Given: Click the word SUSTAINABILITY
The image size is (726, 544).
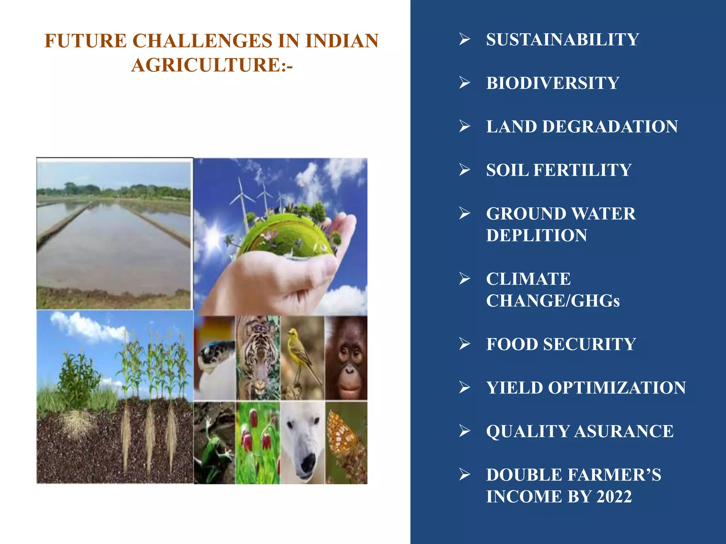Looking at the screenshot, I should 562,39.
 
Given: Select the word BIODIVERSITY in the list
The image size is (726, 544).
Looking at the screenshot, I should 552,83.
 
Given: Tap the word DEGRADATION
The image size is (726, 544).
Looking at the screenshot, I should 610,127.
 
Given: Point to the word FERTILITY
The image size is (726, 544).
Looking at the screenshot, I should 582,170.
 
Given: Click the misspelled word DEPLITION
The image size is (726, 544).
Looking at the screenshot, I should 536,236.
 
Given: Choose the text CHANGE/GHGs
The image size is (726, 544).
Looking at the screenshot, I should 553,301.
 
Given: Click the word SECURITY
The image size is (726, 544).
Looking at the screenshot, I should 590,344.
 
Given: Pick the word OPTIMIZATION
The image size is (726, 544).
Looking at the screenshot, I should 617,388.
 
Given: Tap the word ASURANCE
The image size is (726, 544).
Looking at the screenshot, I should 624,431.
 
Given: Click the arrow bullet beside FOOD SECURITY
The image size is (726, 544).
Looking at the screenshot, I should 464,344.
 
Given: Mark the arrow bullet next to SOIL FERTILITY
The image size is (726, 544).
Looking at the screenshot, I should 464,170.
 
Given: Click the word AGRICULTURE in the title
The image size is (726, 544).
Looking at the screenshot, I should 206,65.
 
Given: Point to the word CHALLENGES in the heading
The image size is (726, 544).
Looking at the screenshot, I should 203,40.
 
